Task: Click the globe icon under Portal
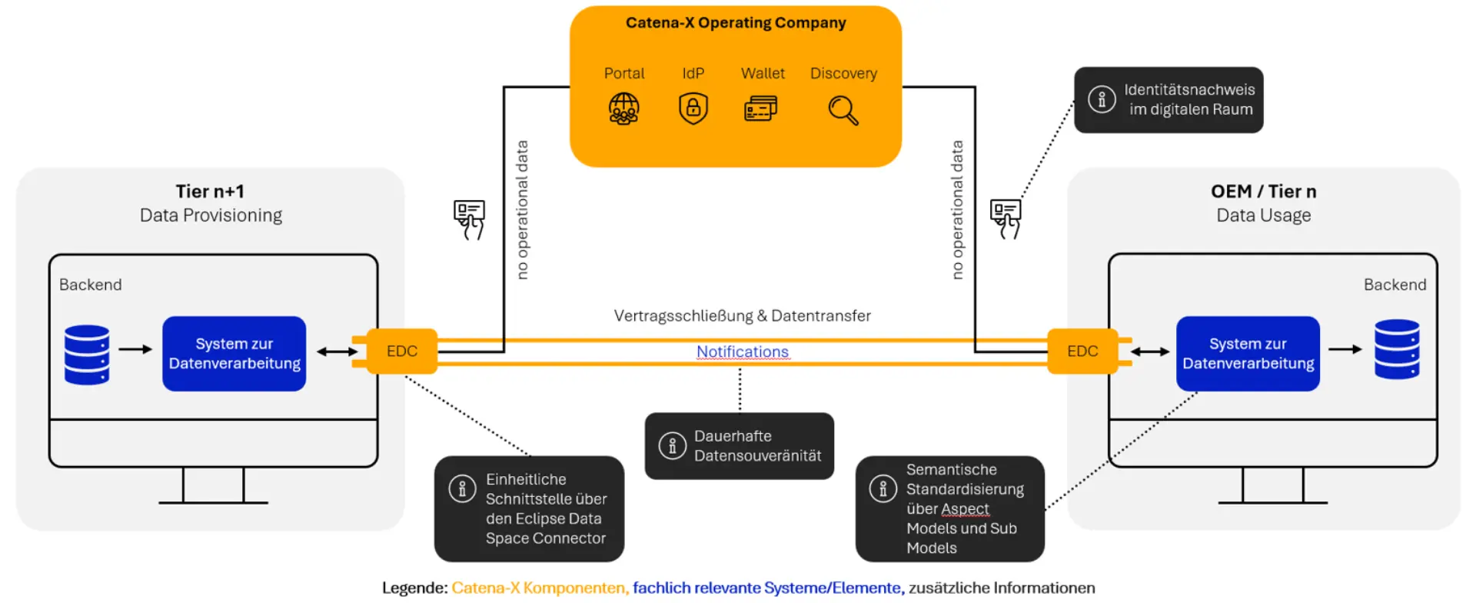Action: [623, 108]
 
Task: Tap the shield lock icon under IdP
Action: [693, 108]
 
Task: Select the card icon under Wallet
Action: [760, 108]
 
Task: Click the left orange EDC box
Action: [401, 351]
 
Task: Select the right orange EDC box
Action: [1082, 351]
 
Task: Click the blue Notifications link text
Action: [742, 351]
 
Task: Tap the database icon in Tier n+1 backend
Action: [87, 355]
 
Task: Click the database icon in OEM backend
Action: [1397, 349]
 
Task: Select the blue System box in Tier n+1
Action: [234, 354]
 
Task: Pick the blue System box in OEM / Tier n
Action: [1248, 354]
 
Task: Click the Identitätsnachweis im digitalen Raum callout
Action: [1168, 100]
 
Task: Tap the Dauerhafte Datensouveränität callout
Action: [740, 446]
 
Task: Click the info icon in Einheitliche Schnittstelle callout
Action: [462, 488]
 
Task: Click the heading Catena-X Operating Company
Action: [736, 23]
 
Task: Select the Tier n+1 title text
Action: [209, 192]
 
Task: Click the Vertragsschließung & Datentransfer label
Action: [742, 316]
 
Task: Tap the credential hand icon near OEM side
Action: [1006, 218]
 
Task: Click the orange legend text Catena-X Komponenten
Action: [540, 588]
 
